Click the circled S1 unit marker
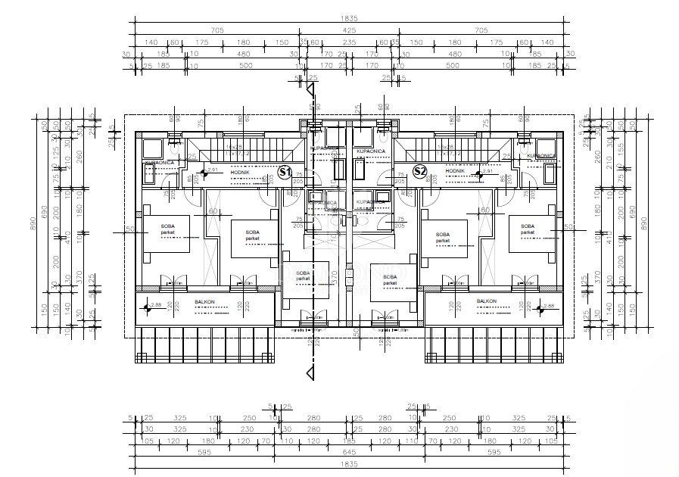point(285,172)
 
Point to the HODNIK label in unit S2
point(454,171)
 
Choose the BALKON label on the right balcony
point(486,301)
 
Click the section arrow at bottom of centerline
point(309,373)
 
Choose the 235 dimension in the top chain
point(349,42)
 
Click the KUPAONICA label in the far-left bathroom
point(160,162)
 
